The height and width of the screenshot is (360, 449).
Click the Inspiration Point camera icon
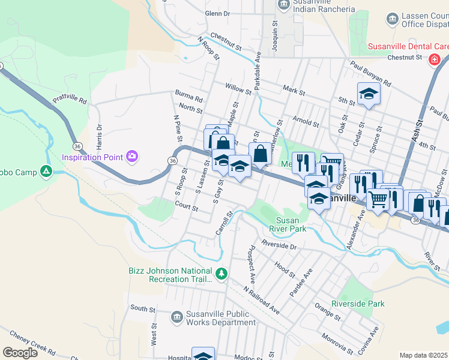pos(132,157)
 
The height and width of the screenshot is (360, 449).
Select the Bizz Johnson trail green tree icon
pos(221,274)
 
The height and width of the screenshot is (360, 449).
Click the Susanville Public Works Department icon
pos(176,316)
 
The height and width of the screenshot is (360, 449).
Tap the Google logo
pos(20,353)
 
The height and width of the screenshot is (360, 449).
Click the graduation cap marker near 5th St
pos(369,94)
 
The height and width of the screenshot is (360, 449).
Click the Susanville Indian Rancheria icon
pos(284,5)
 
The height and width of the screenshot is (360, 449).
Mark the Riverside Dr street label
pos(279,245)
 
